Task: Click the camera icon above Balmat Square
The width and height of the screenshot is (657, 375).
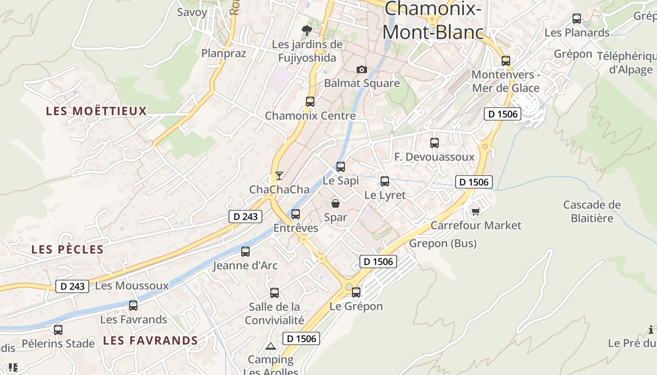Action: click(x=362, y=69)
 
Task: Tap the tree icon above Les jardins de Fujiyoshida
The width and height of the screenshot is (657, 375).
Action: click(x=307, y=30)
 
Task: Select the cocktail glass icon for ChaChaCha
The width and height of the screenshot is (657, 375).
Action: click(x=279, y=175)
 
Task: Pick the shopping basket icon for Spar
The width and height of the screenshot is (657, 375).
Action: click(x=336, y=203)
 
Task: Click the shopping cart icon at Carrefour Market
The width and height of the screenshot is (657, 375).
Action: click(x=475, y=211)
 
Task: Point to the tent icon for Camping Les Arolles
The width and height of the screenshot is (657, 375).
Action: click(x=270, y=346)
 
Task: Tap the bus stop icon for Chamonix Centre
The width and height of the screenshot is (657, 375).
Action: click(x=310, y=101)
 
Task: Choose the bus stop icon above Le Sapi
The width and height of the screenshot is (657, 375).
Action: click(x=341, y=166)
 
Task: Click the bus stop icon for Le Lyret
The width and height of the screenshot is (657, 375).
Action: click(x=385, y=181)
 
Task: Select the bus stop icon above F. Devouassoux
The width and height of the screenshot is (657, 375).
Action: click(x=435, y=143)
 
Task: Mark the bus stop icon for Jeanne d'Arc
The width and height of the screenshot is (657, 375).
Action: click(x=245, y=252)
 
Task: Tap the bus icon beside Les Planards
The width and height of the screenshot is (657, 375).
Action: click(x=577, y=19)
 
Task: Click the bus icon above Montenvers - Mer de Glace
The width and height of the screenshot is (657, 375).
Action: click(x=506, y=60)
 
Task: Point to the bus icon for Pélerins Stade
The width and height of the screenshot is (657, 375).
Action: click(x=58, y=330)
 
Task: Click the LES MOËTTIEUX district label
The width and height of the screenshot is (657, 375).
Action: click(x=96, y=111)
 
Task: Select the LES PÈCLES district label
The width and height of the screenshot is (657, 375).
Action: click(x=67, y=249)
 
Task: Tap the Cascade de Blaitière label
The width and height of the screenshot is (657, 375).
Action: click(x=592, y=211)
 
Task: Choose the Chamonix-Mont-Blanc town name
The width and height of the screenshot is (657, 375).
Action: click(x=433, y=20)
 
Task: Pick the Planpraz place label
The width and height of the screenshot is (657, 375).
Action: click(x=223, y=53)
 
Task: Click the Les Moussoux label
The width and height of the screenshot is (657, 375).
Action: click(x=131, y=285)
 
